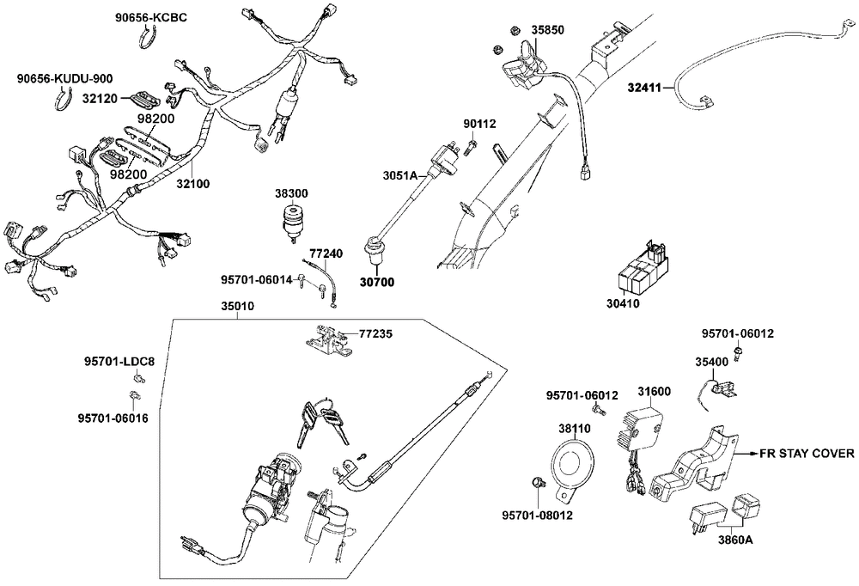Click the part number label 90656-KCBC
click(151, 17)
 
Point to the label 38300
click(290, 195)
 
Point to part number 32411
click(644, 87)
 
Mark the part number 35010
click(238, 306)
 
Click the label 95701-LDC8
click(119, 361)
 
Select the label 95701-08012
click(538, 516)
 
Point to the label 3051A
click(399, 175)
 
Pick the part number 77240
click(326, 254)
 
